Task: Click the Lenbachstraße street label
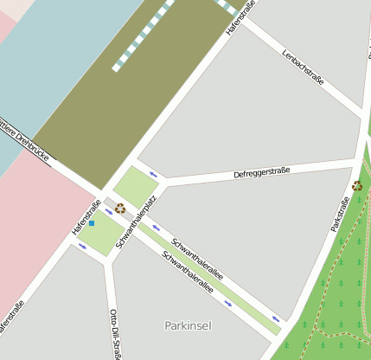(x=303, y=67)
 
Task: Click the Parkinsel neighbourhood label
(x=188, y=325)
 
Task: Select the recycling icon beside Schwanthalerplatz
(x=120, y=208)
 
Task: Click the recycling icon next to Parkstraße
(x=357, y=185)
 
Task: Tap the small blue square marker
(x=92, y=223)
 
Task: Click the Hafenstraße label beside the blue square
(x=86, y=216)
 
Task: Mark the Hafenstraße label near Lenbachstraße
(x=241, y=17)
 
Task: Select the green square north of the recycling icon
(x=135, y=186)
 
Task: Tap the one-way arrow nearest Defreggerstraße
(x=153, y=174)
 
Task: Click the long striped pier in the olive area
(x=144, y=35)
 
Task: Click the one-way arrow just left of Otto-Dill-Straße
(x=82, y=246)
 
